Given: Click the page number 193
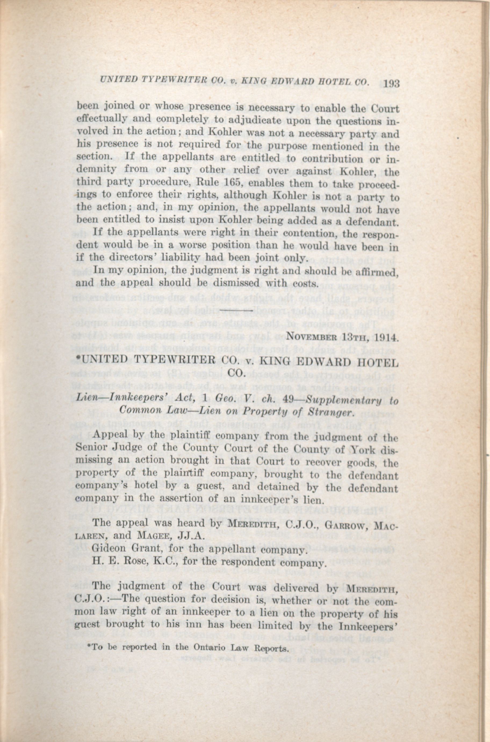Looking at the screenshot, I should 388,84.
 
